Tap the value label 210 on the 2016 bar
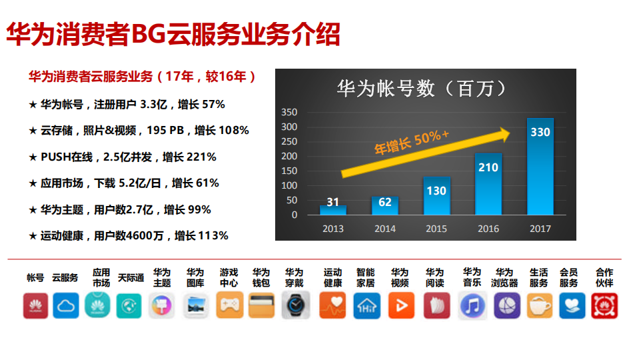(x=488, y=167)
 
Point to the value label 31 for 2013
(x=332, y=202)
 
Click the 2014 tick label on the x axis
(x=384, y=229)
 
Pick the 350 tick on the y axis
(x=289, y=112)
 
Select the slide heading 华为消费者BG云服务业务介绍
(x=173, y=34)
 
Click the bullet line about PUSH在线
(x=123, y=157)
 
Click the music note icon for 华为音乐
(x=472, y=306)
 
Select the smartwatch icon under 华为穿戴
(x=295, y=306)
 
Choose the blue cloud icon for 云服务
(x=65, y=306)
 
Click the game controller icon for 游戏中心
(x=229, y=306)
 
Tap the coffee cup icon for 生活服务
(x=538, y=306)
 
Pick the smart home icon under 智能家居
(x=366, y=306)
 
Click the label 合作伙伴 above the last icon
(x=604, y=277)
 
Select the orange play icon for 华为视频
(x=400, y=306)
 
